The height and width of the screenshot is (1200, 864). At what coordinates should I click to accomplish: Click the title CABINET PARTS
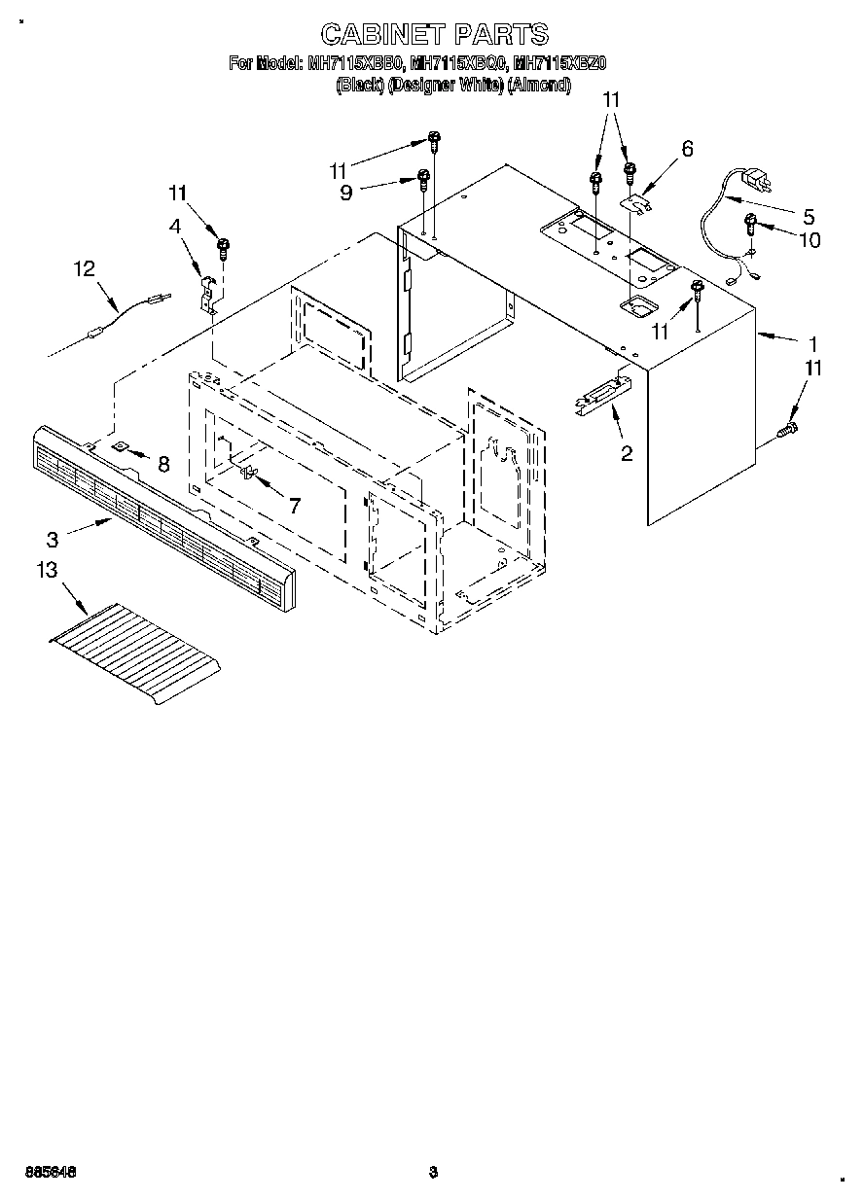(x=434, y=35)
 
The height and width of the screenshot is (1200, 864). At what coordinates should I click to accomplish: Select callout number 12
(x=86, y=268)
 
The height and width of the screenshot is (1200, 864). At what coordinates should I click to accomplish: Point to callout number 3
(x=53, y=539)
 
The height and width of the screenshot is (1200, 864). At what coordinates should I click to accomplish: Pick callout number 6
(x=687, y=149)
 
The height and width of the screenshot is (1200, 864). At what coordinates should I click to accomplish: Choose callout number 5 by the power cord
(x=807, y=216)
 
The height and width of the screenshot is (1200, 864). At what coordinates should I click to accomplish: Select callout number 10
(x=809, y=239)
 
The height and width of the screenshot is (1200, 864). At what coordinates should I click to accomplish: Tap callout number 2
(x=627, y=452)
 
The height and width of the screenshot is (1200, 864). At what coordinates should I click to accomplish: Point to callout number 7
(x=293, y=505)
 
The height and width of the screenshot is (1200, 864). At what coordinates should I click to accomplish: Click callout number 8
(x=162, y=464)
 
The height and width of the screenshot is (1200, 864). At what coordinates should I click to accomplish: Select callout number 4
(x=175, y=226)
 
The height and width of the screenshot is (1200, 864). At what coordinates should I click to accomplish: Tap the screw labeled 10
(x=751, y=223)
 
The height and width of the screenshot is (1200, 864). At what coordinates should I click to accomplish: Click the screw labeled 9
(x=423, y=179)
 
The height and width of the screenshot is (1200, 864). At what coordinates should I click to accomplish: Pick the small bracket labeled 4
(x=207, y=293)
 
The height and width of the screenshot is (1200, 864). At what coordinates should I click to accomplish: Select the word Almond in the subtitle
(x=538, y=85)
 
